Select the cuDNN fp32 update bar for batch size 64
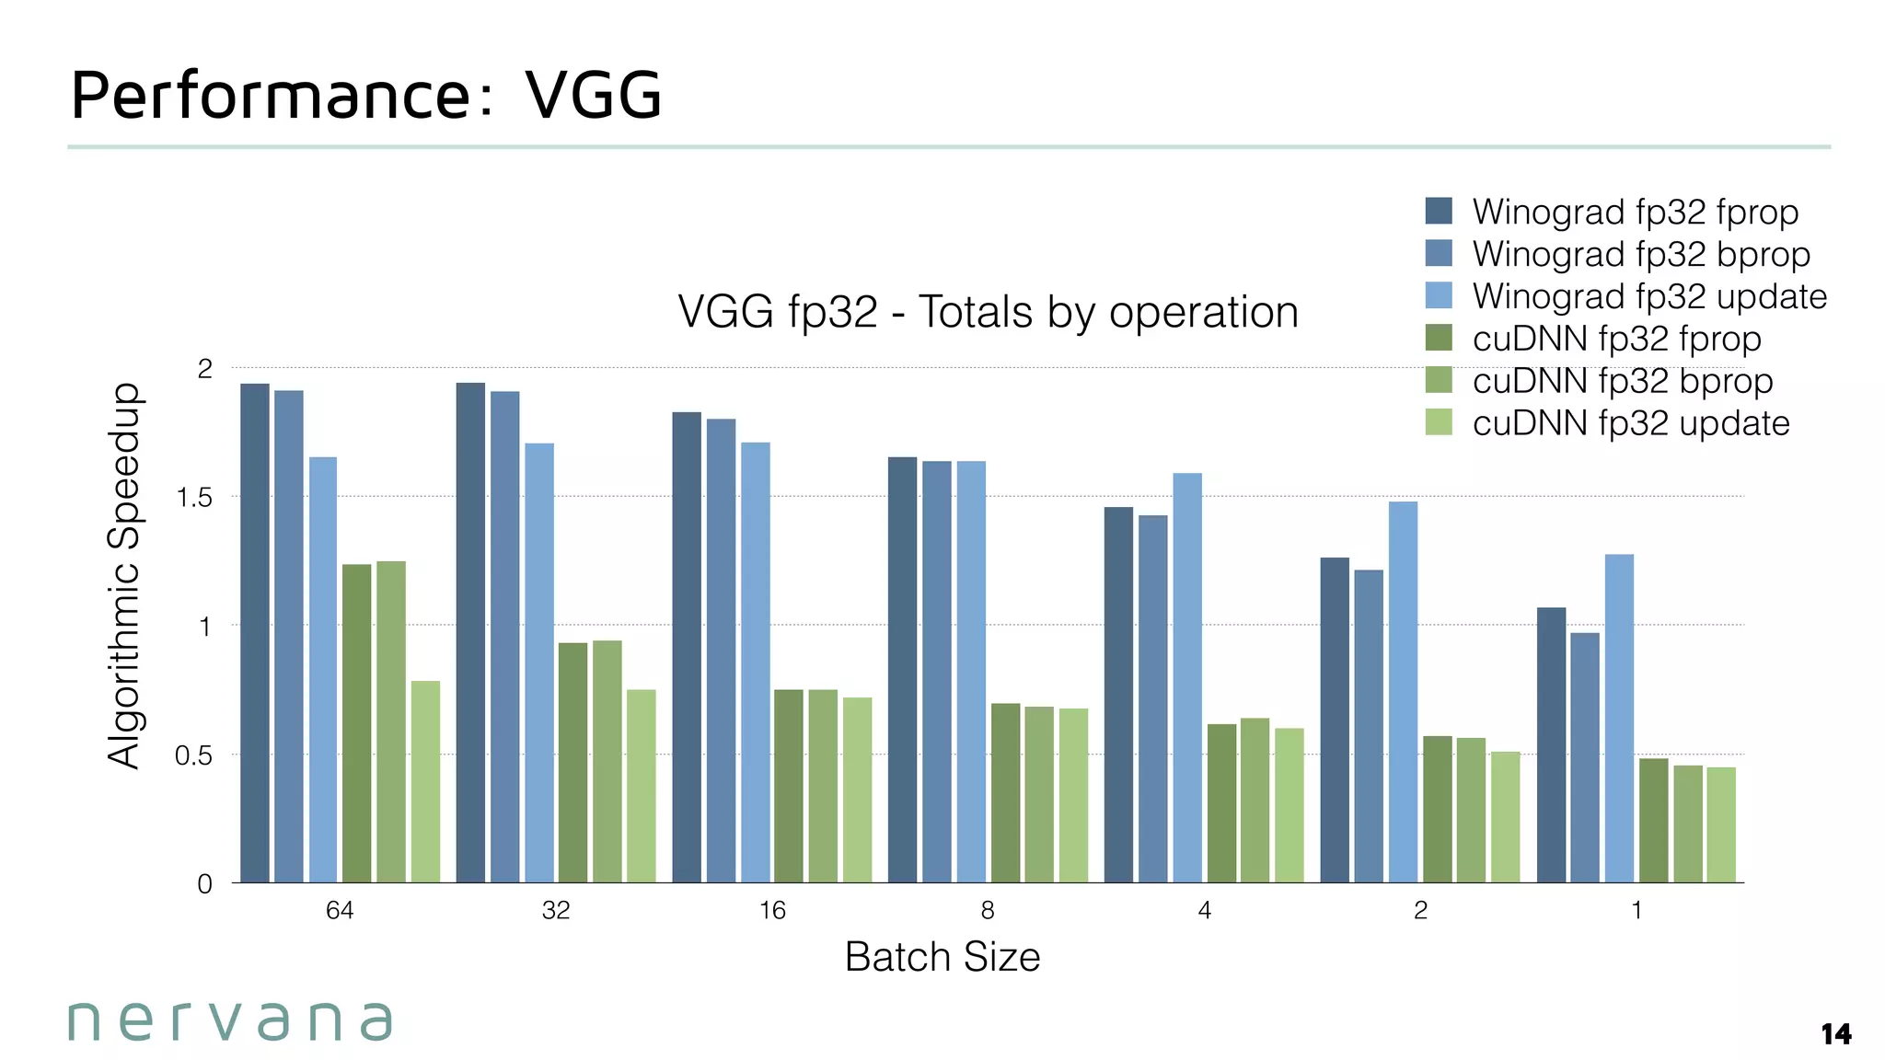pyautogui.click(x=425, y=781)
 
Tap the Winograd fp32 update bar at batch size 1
pyautogui.click(x=1619, y=718)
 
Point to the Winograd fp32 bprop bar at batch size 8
pyautogui.click(x=937, y=672)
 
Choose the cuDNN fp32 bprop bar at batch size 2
pyautogui.click(x=1471, y=810)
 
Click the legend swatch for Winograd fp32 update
pyautogui.click(x=1439, y=295)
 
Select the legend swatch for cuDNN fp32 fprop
pyautogui.click(x=1439, y=338)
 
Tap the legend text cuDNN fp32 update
pyautogui.click(x=1630, y=423)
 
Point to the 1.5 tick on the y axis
pyautogui.click(x=194, y=498)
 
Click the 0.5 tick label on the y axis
pyautogui.click(x=194, y=755)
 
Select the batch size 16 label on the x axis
pyautogui.click(x=772, y=910)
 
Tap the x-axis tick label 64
pyautogui.click(x=340, y=910)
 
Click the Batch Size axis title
pyautogui.click(x=942, y=957)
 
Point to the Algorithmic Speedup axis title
pyautogui.click(x=124, y=575)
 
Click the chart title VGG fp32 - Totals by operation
pyautogui.click(x=988, y=312)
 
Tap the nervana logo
pyautogui.click(x=230, y=1020)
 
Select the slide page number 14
pyautogui.click(x=1835, y=1034)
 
